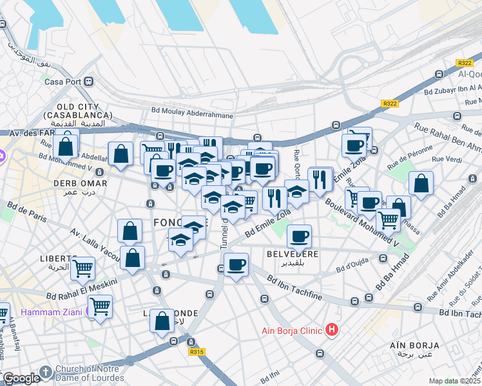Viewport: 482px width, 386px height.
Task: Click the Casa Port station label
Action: (x=63, y=82)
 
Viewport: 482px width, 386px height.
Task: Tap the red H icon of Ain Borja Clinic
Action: (x=332, y=330)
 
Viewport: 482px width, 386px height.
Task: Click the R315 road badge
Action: (x=197, y=352)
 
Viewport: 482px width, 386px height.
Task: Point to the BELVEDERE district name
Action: (x=293, y=254)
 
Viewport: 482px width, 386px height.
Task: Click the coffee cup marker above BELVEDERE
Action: (x=299, y=236)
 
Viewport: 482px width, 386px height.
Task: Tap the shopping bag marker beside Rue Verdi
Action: (x=420, y=183)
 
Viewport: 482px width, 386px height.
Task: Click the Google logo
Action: (x=21, y=378)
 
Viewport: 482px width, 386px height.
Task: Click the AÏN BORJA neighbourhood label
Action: (x=414, y=345)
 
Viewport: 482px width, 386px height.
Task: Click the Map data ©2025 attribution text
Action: (x=455, y=381)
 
